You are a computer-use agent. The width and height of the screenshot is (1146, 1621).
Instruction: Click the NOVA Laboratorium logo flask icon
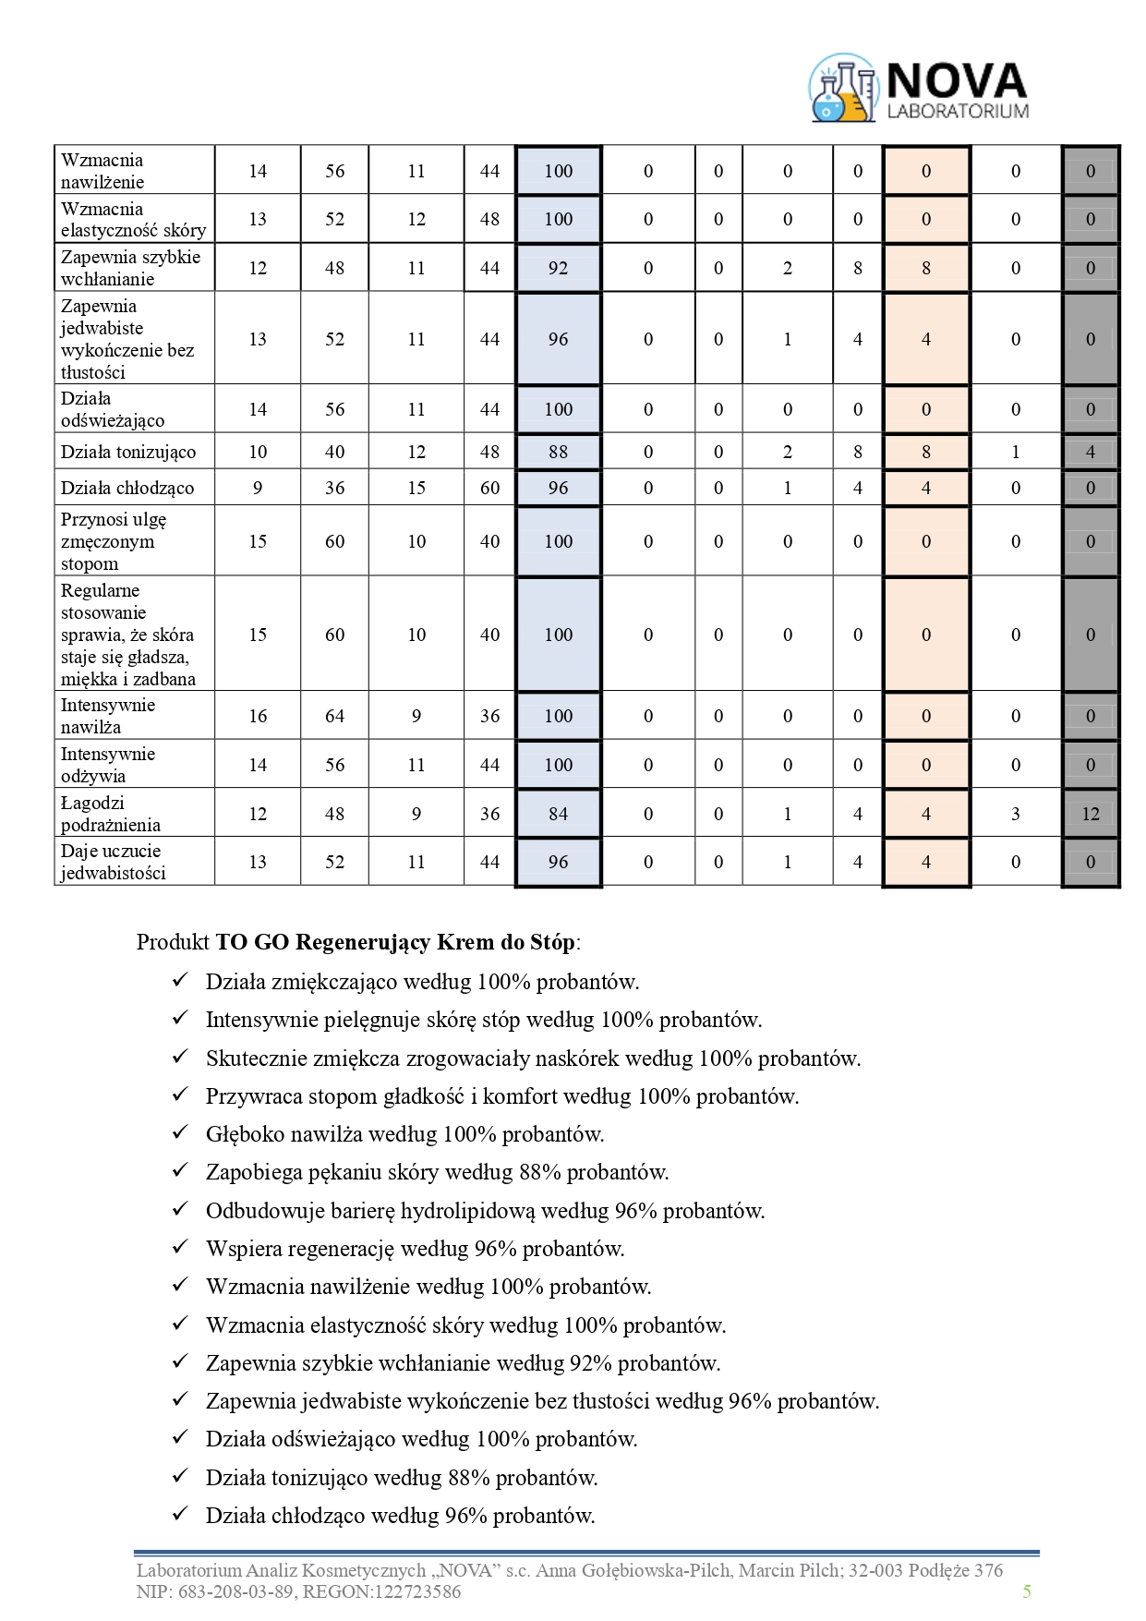tap(842, 89)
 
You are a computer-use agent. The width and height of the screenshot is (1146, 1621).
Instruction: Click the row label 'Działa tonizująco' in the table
tap(128, 452)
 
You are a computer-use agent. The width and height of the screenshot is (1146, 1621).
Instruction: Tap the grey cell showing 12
tap(1091, 814)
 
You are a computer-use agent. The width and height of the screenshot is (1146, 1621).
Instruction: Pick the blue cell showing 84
tap(558, 814)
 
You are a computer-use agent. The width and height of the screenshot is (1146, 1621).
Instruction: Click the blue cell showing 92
tap(558, 268)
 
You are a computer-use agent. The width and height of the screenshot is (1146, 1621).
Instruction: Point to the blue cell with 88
tap(558, 452)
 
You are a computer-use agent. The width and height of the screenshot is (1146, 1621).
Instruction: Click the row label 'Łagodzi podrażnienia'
tap(111, 814)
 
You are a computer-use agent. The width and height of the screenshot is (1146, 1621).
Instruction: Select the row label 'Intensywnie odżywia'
tap(108, 765)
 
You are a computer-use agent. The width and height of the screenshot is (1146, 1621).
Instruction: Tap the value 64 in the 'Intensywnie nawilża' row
tap(334, 716)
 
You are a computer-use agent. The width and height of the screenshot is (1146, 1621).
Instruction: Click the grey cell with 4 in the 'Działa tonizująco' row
tap(1091, 452)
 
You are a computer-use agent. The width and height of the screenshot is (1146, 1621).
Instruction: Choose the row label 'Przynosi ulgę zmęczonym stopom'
tap(114, 541)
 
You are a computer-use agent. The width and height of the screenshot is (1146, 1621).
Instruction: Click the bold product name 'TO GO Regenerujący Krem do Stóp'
tap(395, 942)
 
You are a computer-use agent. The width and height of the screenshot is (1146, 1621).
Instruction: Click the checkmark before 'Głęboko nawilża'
tap(180, 1133)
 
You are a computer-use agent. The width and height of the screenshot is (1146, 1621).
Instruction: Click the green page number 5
tap(1027, 1591)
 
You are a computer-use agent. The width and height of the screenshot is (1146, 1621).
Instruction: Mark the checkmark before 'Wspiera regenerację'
tap(180, 1248)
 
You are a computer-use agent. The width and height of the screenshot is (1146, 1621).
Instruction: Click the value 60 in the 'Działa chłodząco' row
tap(489, 488)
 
